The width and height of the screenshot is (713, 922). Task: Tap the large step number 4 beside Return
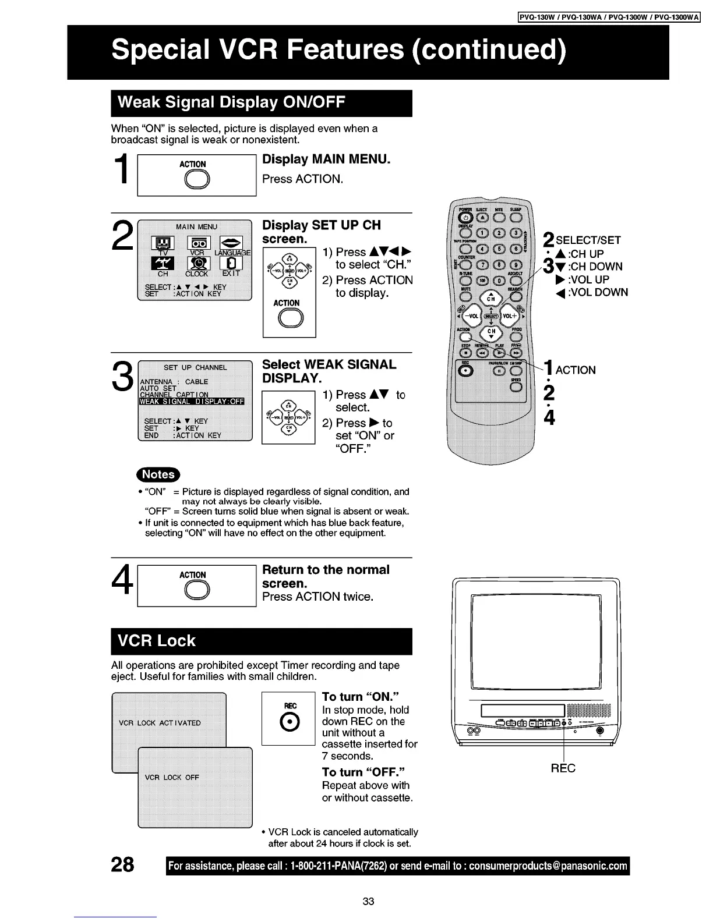click(x=122, y=585)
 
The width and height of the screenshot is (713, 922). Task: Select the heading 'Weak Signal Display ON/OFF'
click(x=231, y=103)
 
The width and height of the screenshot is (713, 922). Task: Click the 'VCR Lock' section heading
click(x=157, y=641)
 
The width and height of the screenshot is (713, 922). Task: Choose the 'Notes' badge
click(x=158, y=474)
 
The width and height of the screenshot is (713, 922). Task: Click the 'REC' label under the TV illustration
click(x=563, y=768)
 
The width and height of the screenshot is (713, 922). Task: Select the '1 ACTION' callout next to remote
click(x=569, y=369)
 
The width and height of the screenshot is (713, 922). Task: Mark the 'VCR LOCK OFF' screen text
click(x=172, y=778)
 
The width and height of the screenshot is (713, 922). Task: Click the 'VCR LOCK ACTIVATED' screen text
click(x=160, y=723)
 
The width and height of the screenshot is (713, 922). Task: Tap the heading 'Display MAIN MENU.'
click(x=326, y=159)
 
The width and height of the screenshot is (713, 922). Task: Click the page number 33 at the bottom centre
click(x=368, y=902)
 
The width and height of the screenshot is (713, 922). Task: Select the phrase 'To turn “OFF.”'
click(x=363, y=772)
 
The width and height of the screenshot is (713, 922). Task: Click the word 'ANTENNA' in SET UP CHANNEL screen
click(x=157, y=382)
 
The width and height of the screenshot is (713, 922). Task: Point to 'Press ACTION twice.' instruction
click(x=317, y=597)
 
